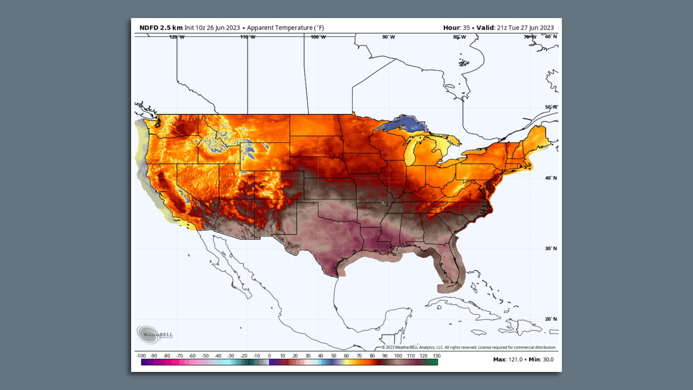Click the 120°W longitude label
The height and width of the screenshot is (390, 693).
[x=177, y=37]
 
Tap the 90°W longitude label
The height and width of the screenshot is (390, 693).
[x=388, y=37]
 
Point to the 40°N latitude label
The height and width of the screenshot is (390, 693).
[x=551, y=178]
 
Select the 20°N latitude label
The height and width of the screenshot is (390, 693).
[x=551, y=319]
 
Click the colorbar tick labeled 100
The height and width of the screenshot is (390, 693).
[x=398, y=356]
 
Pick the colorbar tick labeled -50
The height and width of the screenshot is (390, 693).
[x=205, y=356]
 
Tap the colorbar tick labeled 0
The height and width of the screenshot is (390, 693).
[x=269, y=356]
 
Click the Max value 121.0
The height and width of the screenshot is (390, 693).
[x=515, y=360]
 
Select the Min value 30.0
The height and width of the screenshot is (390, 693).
[x=548, y=360]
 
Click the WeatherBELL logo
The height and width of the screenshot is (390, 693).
[x=154, y=334]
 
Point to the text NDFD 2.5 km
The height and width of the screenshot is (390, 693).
[x=161, y=28]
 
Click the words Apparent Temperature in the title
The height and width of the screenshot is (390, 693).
[x=280, y=28]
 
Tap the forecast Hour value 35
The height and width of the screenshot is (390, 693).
[x=466, y=28]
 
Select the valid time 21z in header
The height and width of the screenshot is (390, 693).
[x=501, y=28]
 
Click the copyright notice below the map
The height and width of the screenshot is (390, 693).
[x=469, y=347]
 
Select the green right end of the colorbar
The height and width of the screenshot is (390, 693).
[x=433, y=362]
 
